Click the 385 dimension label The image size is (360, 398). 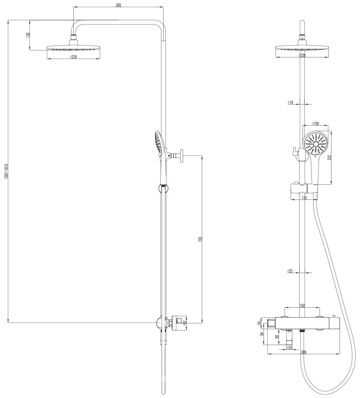click(118, 5)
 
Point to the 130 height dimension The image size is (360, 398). click(29, 35)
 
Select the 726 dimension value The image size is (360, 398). click(200, 239)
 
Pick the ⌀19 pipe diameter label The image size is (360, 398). click(290, 102)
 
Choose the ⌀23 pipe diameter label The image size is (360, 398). click(290, 271)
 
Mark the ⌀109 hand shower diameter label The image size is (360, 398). click(315, 124)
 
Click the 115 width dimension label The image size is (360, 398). click(304, 198)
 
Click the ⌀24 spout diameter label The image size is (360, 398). click(289, 347)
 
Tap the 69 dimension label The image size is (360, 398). click(277, 337)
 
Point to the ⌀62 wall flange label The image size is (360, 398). click(184, 323)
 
